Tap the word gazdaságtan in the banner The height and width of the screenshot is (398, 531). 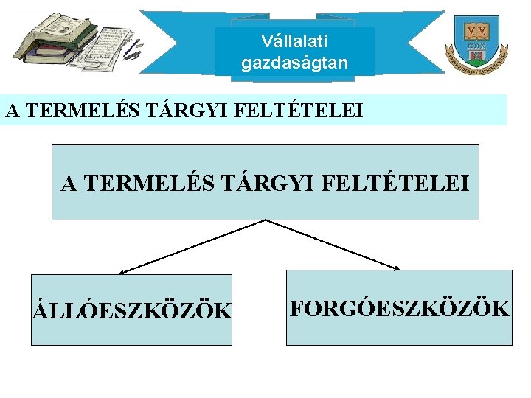[294, 63]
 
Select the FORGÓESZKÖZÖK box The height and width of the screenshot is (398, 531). [399, 308]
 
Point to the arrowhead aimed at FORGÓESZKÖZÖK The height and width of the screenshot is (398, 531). [396, 268]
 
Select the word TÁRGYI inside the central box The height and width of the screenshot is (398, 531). [269, 183]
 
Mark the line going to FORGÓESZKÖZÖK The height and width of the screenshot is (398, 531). [332, 244]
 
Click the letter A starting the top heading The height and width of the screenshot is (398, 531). [12, 111]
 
